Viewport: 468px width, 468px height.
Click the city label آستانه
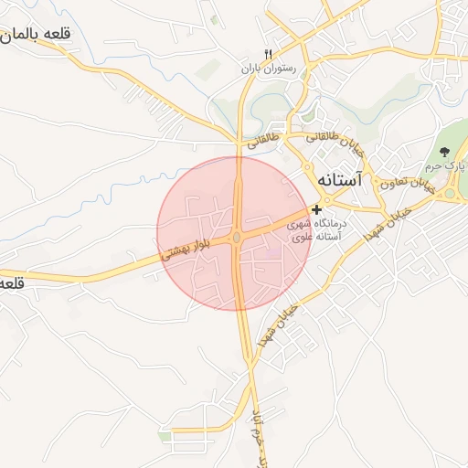pos(341,181)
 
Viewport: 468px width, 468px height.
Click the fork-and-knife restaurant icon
pos(268,53)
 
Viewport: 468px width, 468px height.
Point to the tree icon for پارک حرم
pos(444,152)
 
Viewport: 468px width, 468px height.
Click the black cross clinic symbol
pos(317,210)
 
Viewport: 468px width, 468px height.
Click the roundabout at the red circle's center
pos(237,239)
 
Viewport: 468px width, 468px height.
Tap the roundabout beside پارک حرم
pos(450,193)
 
